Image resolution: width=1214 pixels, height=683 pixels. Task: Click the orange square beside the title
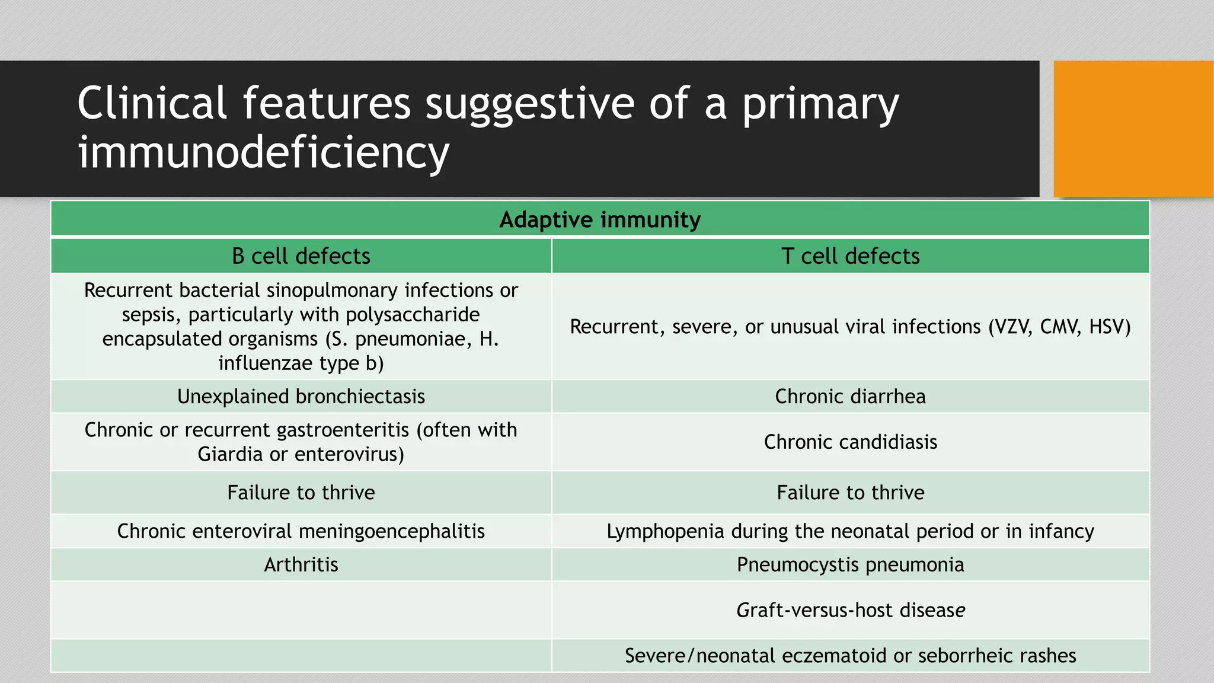click(1133, 129)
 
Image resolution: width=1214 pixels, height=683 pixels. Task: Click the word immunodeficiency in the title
click(263, 152)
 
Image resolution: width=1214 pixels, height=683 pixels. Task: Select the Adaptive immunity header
click(600, 219)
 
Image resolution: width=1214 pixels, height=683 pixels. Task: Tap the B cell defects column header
click(301, 256)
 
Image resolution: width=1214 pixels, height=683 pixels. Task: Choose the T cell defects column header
click(850, 256)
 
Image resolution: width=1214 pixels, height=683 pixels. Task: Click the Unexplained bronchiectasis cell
click(301, 396)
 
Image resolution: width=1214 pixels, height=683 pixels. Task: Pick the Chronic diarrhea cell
click(850, 396)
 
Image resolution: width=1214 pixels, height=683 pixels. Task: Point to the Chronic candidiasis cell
click(850, 442)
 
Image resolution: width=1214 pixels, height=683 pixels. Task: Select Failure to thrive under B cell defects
click(301, 492)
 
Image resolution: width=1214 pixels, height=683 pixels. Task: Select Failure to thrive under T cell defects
click(850, 492)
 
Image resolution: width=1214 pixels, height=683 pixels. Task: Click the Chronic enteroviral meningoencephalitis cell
click(301, 531)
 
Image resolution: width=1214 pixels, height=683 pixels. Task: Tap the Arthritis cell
click(301, 564)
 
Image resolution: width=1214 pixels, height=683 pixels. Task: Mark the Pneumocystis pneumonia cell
click(850, 564)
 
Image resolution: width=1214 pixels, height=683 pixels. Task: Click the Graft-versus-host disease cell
click(850, 610)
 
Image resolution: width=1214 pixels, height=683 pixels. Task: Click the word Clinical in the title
click(152, 103)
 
